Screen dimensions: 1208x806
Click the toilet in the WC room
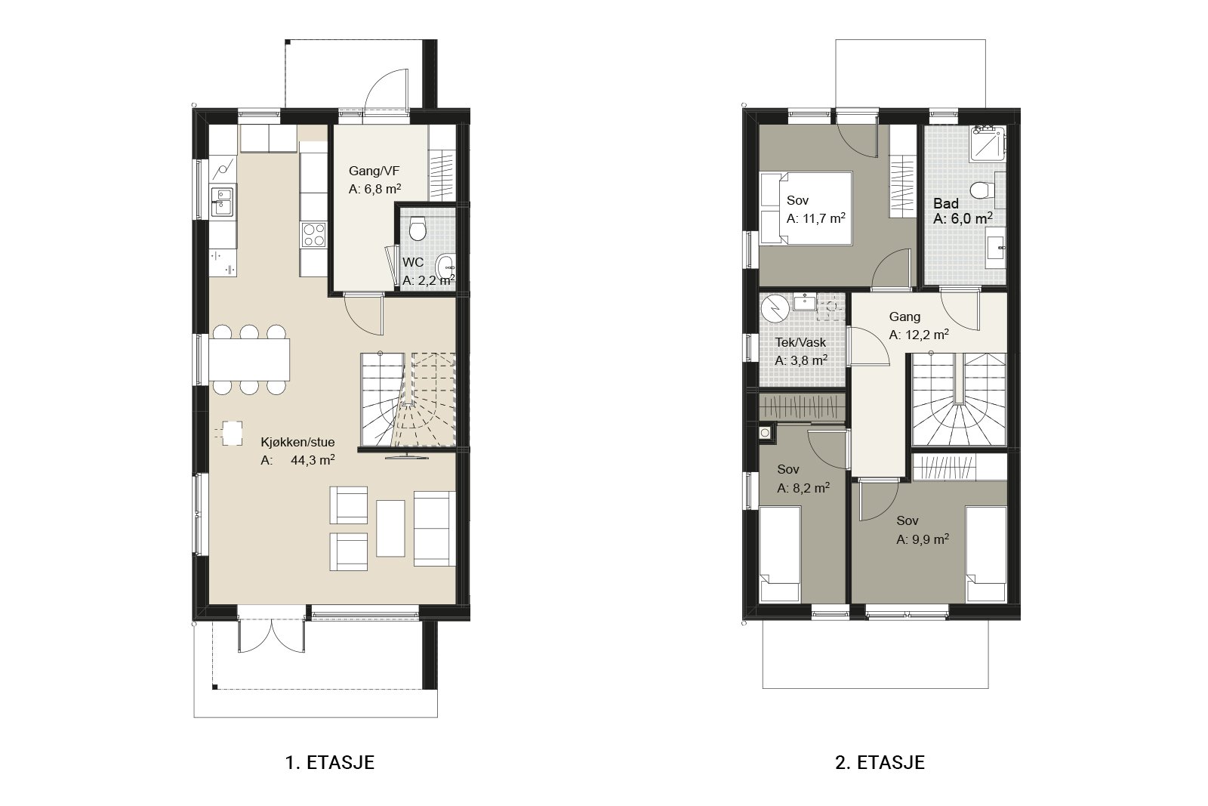[417, 229]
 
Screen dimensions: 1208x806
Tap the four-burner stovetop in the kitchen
[314, 235]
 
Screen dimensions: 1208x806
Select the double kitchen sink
[222, 201]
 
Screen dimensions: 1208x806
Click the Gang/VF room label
[374, 171]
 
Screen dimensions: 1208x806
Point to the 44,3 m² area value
[313, 460]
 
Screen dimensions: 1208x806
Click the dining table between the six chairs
[249, 360]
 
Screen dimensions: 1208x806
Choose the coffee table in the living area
[390, 528]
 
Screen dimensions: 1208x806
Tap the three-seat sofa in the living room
[435, 528]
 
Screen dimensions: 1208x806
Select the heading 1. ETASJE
[329, 762]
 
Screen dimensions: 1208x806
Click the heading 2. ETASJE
[880, 762]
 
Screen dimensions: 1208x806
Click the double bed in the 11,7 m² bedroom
[805, 208]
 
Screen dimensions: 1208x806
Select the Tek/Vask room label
[800, 342]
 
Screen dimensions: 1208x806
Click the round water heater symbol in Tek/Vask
[775, 308]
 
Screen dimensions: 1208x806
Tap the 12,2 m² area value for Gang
[919, 335]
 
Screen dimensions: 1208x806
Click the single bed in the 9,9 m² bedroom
[986, 554]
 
